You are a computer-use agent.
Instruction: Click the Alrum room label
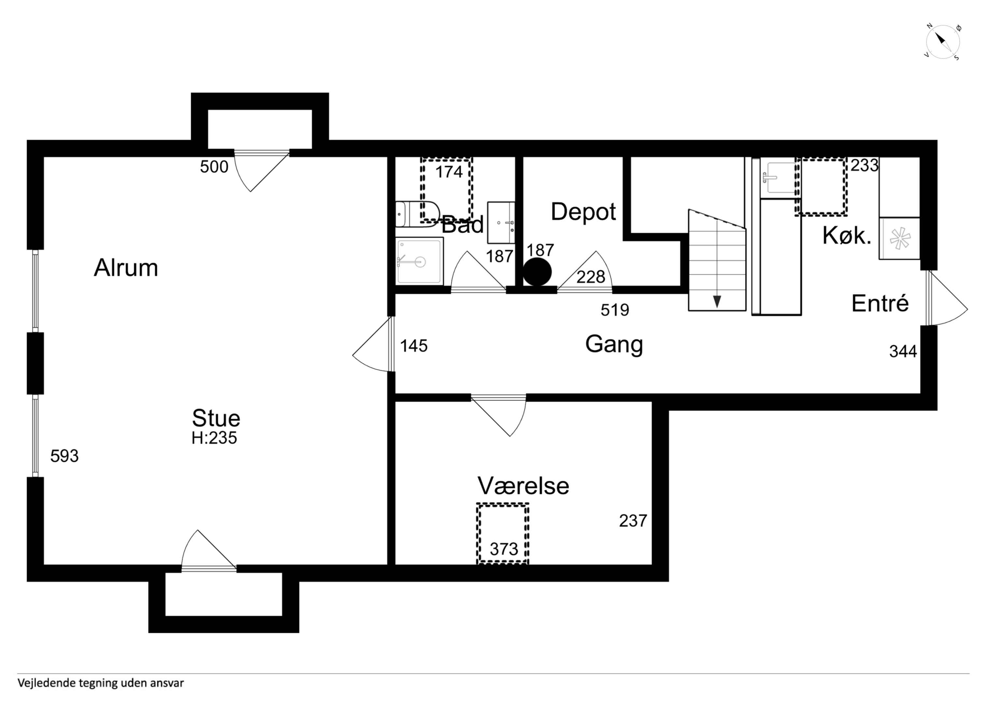click(x=126, y=268)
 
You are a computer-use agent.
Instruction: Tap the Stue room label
click(x=216, y=418)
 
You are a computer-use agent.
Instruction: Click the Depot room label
click(x=583, y=212)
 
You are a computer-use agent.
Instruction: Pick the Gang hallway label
click(x=614, y=345)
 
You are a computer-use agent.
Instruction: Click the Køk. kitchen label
click(x=847, y=236)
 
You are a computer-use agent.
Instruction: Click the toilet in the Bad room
click(x=417, y=214)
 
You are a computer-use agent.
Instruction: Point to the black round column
click(x=537, y=272)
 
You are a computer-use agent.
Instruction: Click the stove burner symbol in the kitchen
click(x=900, y=238)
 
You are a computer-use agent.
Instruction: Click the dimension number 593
click(x=64, y=456)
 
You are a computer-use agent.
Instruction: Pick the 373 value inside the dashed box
click(x=504, y=549)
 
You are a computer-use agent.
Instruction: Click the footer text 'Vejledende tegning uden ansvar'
click(x=101, y=683)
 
